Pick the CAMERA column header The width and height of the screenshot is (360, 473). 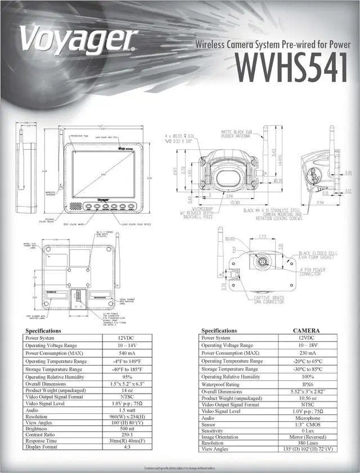(307, 331)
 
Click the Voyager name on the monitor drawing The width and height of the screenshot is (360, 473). (96, 198)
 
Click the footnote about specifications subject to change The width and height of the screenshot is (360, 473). (179, 468)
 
